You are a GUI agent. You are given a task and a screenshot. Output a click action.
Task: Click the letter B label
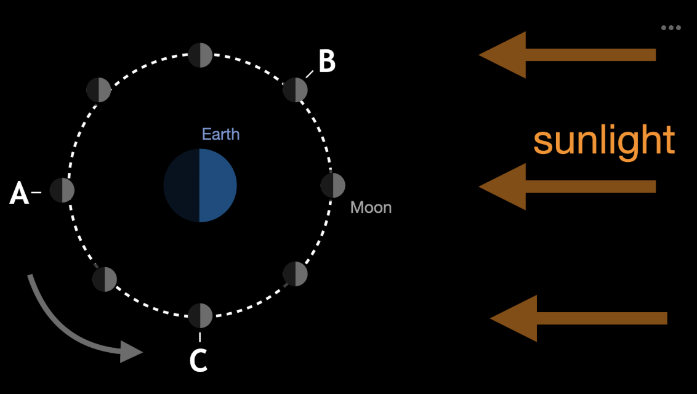tap(327, 61)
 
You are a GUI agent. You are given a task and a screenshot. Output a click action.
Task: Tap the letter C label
tap(198, 361)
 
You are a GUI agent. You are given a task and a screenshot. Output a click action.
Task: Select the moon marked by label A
tap(62, 190)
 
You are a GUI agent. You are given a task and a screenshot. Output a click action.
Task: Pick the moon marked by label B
tap(295, 90)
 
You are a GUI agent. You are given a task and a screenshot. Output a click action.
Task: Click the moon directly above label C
tap(200, 316)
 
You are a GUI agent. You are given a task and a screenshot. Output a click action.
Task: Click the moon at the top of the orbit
tap(200, 55)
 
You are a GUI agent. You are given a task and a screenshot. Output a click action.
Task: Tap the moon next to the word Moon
tap(333, 185)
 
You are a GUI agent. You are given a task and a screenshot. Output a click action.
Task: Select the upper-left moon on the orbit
tap(99, 90)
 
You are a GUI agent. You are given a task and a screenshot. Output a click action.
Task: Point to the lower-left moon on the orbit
tap(104, 279)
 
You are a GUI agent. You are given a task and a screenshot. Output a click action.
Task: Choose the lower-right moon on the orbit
tap(295, 274)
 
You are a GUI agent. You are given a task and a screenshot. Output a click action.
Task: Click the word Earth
tap(220, 134)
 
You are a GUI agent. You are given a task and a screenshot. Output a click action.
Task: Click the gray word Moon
tap(371, 207)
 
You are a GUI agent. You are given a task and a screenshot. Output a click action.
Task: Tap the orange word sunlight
tap(603, 141)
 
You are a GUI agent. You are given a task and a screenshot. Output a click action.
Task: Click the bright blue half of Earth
tap(217, 185)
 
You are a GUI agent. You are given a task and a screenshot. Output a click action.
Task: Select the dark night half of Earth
tap(182, 185)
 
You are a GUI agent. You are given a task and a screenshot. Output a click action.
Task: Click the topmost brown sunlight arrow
tap(566, 55)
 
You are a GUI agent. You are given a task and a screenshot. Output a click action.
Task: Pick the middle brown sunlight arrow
tap(566, 187)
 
